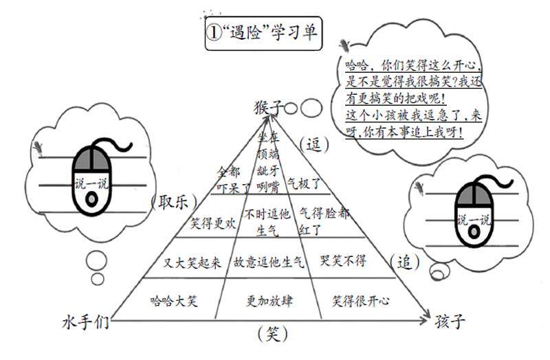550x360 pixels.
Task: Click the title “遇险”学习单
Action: [263, 34]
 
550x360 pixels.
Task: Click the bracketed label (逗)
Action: [313, 144]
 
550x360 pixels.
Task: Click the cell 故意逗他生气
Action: [269, 262]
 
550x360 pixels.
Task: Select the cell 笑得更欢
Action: [214, 223]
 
